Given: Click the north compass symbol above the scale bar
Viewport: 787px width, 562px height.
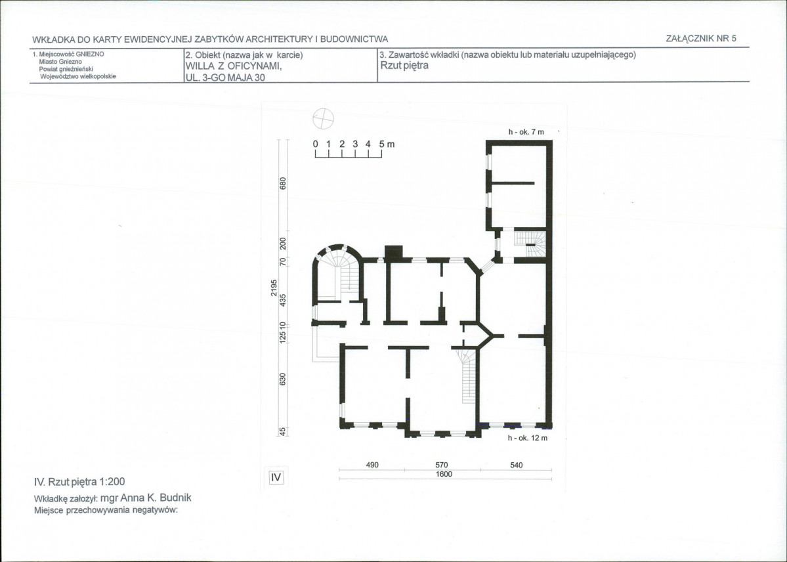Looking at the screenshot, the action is pos(323,119).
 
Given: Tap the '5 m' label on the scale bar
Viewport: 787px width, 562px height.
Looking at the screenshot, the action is pos(387,144).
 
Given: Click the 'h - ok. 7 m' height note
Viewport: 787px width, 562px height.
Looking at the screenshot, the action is pos(526,131).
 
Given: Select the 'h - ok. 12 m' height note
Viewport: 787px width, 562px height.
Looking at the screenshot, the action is pos(528,438).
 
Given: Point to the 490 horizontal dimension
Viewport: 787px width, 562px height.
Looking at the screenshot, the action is pos(372,465).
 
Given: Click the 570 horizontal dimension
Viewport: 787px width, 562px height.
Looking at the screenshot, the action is pos(442,465).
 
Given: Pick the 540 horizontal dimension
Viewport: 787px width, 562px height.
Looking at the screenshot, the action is pos(517,465).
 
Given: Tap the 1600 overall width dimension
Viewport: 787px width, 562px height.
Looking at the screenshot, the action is pos(444,474).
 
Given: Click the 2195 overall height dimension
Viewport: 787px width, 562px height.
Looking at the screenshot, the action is pos(274,288).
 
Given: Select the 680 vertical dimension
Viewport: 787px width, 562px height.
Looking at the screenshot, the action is pos(283,183).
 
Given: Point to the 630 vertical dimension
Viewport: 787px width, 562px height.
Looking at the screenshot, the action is pos(283,379).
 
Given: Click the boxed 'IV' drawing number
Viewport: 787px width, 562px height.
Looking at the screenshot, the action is pos(276,477).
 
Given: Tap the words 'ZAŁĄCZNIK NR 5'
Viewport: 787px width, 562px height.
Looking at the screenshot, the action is pos(701,38).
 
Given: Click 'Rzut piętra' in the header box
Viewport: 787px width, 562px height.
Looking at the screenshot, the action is pos(404,66).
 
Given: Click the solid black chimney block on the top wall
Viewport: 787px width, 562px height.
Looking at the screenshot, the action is pos(394,252).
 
